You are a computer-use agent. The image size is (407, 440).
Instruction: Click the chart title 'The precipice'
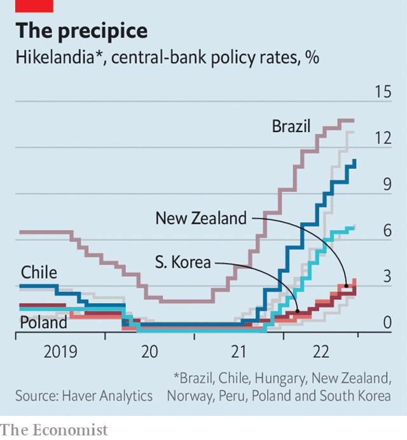(81, 30)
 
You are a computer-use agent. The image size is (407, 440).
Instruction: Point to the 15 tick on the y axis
(383, 92)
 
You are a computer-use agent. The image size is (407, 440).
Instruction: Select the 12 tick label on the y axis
(383, 138)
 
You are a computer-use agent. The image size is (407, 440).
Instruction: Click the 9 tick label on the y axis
(387, 185)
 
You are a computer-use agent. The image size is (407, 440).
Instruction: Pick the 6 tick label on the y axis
(387, 231)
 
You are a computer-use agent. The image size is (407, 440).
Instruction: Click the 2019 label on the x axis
(60, 351)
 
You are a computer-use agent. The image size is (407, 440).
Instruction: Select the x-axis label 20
(149, 351)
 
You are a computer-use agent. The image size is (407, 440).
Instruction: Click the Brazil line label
(291, 126)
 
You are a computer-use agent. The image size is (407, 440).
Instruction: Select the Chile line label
(39, 273)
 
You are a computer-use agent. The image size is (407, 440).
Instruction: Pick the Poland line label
(43, 322)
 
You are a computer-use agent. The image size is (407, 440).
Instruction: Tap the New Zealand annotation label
(201, 218)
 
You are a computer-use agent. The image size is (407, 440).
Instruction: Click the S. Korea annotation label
(183, 262)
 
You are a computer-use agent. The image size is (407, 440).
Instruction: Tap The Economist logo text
(54, 429)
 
